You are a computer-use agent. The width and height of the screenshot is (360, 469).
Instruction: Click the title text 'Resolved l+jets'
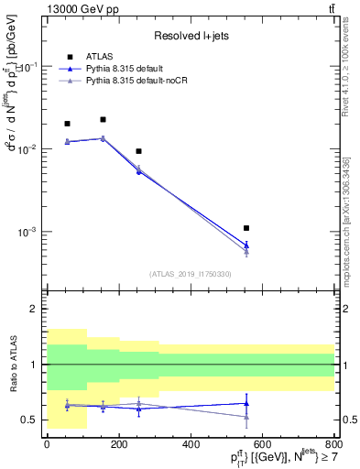190,36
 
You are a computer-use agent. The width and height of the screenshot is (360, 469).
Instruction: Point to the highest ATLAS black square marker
103,119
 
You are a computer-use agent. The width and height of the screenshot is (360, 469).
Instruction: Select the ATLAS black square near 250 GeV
138,151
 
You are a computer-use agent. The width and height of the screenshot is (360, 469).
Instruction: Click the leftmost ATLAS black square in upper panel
67,124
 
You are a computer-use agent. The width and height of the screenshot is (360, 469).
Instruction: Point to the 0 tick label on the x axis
47,444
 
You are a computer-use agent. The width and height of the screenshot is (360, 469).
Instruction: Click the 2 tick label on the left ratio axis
34,310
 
